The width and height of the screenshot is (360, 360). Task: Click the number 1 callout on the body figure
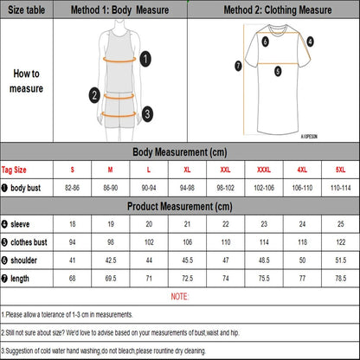point(145,58)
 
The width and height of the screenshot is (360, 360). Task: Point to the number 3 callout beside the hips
point(147,112)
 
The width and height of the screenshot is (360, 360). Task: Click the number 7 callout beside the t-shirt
point(238,65)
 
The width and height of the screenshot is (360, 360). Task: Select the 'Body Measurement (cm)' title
point(180,152)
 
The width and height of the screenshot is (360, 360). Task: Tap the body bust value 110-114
point(338,188)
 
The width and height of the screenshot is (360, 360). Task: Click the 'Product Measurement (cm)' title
point(180,206)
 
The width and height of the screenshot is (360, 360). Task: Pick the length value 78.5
point(338,277)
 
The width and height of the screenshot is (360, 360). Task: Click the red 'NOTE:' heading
point(180,296)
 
